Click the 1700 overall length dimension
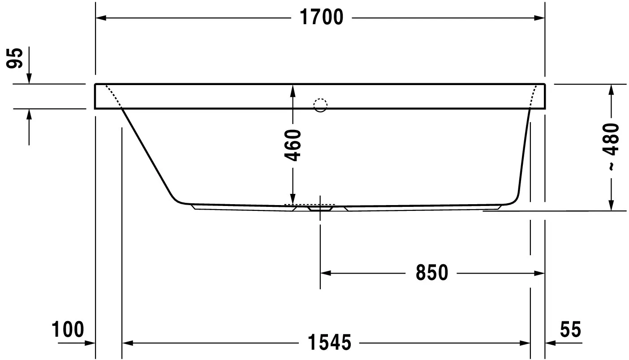tap(321, 17)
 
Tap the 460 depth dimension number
tap(293, 145)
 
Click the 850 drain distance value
tap(431, 273)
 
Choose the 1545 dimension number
tap(329, 343)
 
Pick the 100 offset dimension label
tap(68, 330)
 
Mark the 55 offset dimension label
tap(570, 330)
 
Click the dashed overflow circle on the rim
tap(320, 105)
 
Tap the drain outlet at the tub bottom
tap(320, 208)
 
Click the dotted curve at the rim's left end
tap(113, 95)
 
